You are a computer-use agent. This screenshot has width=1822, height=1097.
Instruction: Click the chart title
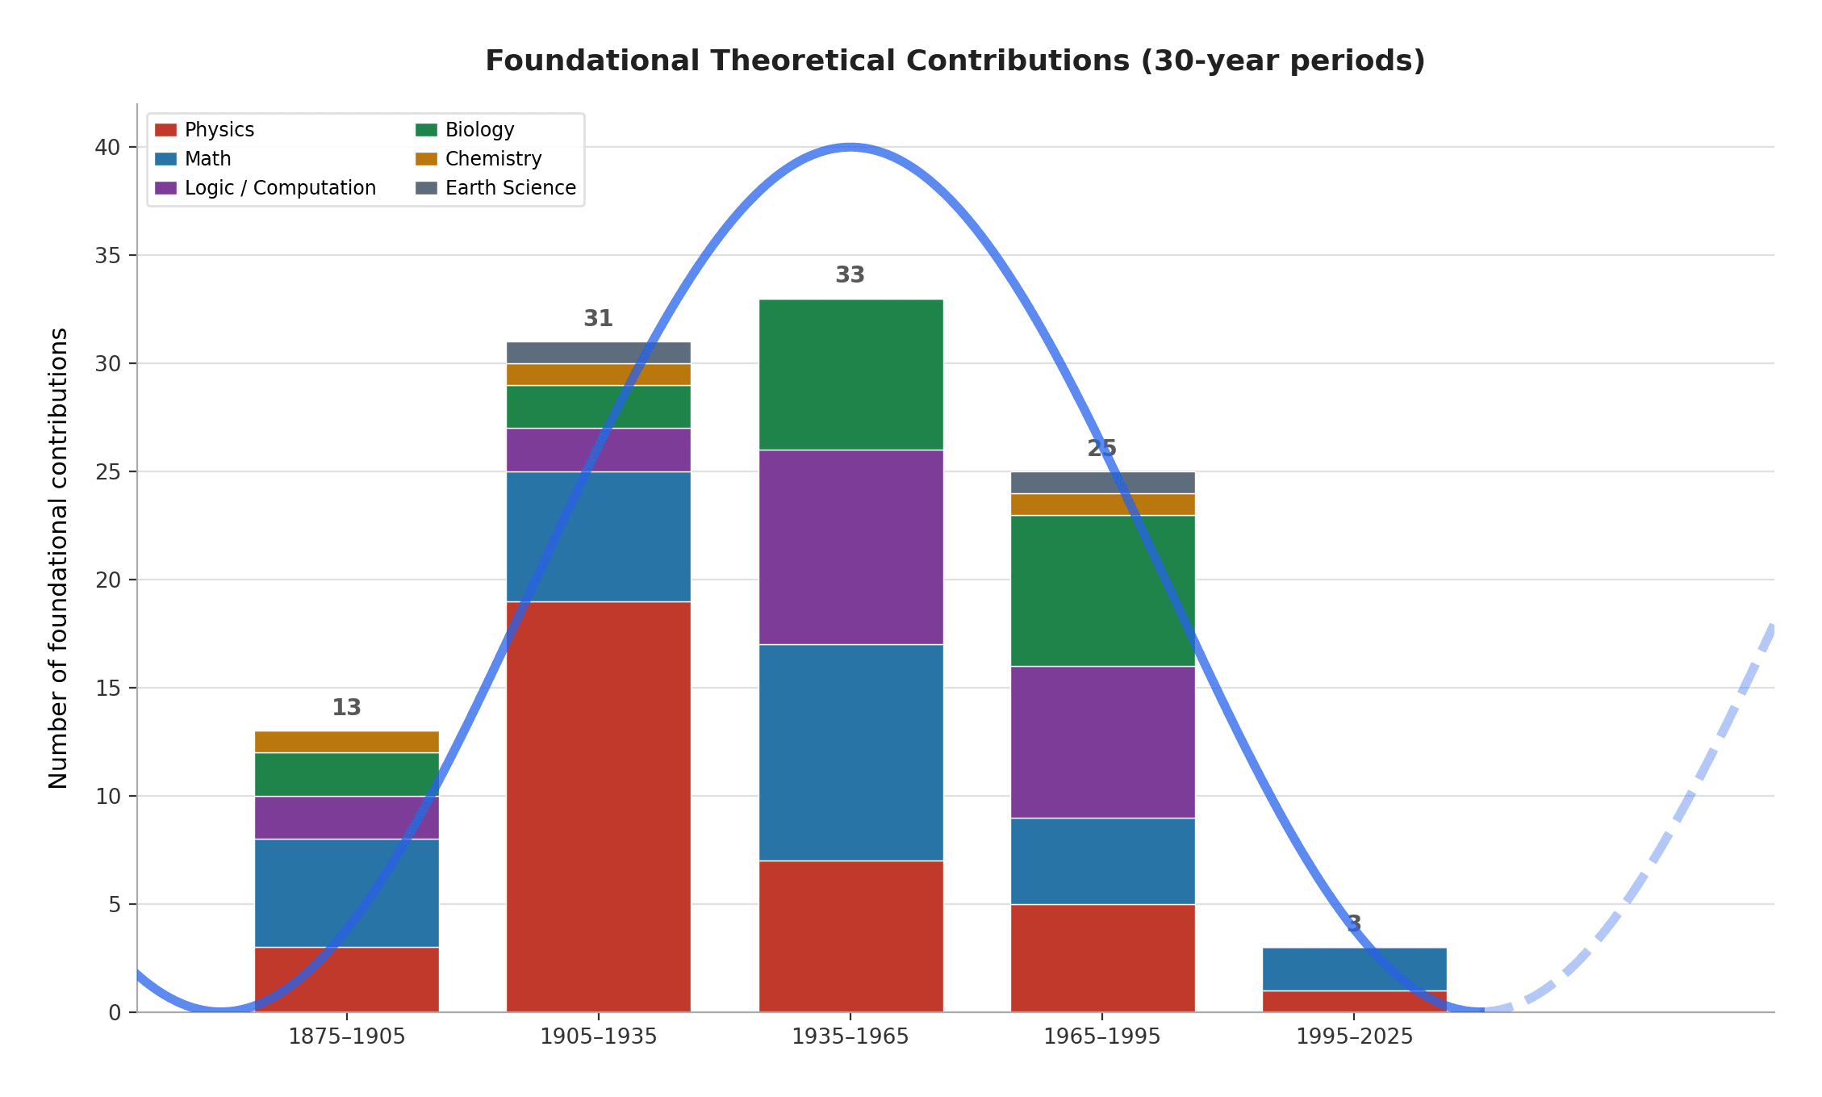coord(955,61)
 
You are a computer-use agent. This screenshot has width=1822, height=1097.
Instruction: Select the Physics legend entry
coord(219,130)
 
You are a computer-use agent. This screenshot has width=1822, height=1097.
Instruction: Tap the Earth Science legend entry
coord(510,188)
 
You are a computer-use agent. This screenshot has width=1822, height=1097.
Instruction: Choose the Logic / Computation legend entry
coord(279,188)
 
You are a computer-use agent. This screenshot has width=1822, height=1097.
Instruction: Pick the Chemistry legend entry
coord(493,159)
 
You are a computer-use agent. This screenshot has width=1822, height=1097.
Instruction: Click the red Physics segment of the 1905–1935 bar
coord(598,807)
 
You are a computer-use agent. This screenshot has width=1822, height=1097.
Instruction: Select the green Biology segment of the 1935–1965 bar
coord(850,375)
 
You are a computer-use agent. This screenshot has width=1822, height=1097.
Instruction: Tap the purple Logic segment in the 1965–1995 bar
coord(1102,742)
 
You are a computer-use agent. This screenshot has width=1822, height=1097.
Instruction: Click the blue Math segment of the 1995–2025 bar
coord(1354,969)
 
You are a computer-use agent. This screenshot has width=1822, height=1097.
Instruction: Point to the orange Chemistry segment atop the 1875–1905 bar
coord(346,742)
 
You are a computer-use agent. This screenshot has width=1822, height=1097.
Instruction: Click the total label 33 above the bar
coord(850,275)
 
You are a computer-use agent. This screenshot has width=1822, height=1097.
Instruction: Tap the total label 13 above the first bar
coord(346,708)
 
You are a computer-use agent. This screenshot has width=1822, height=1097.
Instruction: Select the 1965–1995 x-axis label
coord(1102,1037)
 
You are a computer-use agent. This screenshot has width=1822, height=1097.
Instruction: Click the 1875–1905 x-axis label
coord(346,1037)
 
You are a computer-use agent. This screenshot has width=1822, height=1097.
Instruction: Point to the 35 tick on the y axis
coord(107,256)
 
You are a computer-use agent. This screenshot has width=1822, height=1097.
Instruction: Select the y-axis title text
coord(58,558)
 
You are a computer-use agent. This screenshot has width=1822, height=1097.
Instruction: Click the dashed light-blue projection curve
coord(1678,815)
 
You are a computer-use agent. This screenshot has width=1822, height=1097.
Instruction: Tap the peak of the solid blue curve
coord(850,147)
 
